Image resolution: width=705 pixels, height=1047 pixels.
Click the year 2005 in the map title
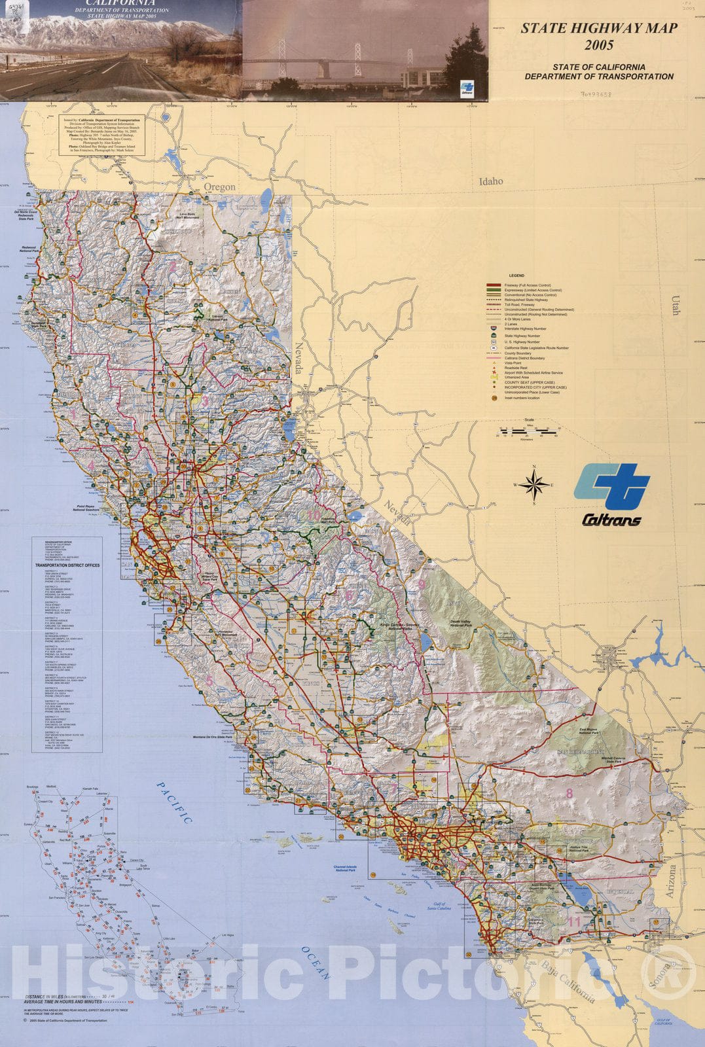(x=599, y=45)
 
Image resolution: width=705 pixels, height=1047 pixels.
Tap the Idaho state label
(x=491, y=181)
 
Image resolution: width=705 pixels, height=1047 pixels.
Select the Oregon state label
(x=219, y=187)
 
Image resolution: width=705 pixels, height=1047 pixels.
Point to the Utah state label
(x=675, y=305)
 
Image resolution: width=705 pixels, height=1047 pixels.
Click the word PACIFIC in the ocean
(x=174, y=802)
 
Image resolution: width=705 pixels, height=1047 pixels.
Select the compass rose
(x=535, y=485)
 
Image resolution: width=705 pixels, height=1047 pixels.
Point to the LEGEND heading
(x=516, y=276)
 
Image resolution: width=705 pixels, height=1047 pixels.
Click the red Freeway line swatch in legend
(x=493, y=285)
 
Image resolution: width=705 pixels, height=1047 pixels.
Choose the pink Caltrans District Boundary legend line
(x=493, y=358)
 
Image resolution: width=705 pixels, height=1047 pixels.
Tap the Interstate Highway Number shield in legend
(x=493, y=328)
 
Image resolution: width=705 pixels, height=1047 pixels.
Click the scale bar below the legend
(x=527, y=431)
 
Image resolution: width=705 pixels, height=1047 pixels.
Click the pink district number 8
(x=569, y=794)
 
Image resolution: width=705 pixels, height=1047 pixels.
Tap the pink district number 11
(x=574, y=922)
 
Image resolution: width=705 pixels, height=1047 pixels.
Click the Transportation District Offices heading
(x=67, y=565)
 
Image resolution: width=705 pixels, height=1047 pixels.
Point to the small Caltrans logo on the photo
(x=467, y=88)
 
